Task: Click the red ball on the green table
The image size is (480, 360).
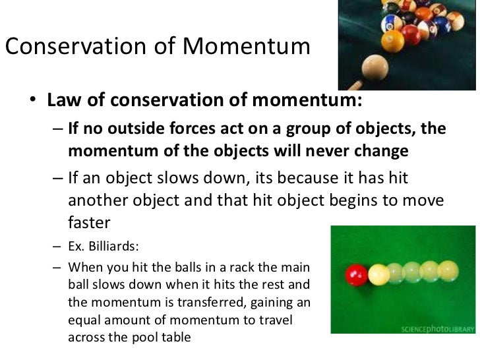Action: pos(357,273)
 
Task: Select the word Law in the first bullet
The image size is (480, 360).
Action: pos(63,101)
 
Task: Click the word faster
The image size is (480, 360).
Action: pos(89,224)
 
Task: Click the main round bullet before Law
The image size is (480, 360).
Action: pos(33,102)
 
